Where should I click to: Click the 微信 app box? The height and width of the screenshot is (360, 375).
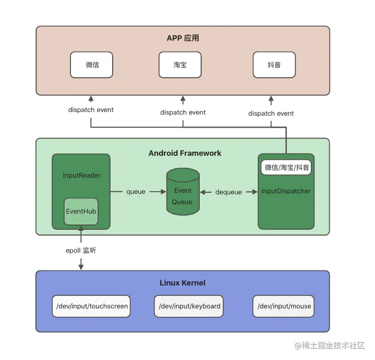[92, 65]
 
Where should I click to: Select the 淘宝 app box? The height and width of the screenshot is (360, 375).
[180, 65]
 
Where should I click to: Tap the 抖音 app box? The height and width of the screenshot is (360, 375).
[274, 65]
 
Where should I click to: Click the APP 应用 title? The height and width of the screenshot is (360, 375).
[183, 38]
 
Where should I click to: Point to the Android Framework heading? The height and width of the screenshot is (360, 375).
[185, 153]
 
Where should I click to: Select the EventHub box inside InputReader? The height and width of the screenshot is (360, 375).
[81, 212]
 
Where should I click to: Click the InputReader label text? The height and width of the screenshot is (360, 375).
[81, 175]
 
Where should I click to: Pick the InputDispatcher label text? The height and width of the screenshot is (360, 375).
[286, 191]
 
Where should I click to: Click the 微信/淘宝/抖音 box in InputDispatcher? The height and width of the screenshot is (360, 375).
[286, 167]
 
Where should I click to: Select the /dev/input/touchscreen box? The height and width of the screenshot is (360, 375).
[92, 306]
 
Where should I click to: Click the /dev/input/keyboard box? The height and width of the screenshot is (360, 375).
[189, 306]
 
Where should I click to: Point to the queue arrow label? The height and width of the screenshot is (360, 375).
[136, 192]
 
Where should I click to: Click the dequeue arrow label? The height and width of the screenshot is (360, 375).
[228, 192]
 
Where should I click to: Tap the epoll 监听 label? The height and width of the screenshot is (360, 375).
[81, 251]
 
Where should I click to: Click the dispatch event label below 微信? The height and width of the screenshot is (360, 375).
[91, 110]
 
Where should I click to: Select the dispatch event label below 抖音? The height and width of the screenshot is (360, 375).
[271, 114]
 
